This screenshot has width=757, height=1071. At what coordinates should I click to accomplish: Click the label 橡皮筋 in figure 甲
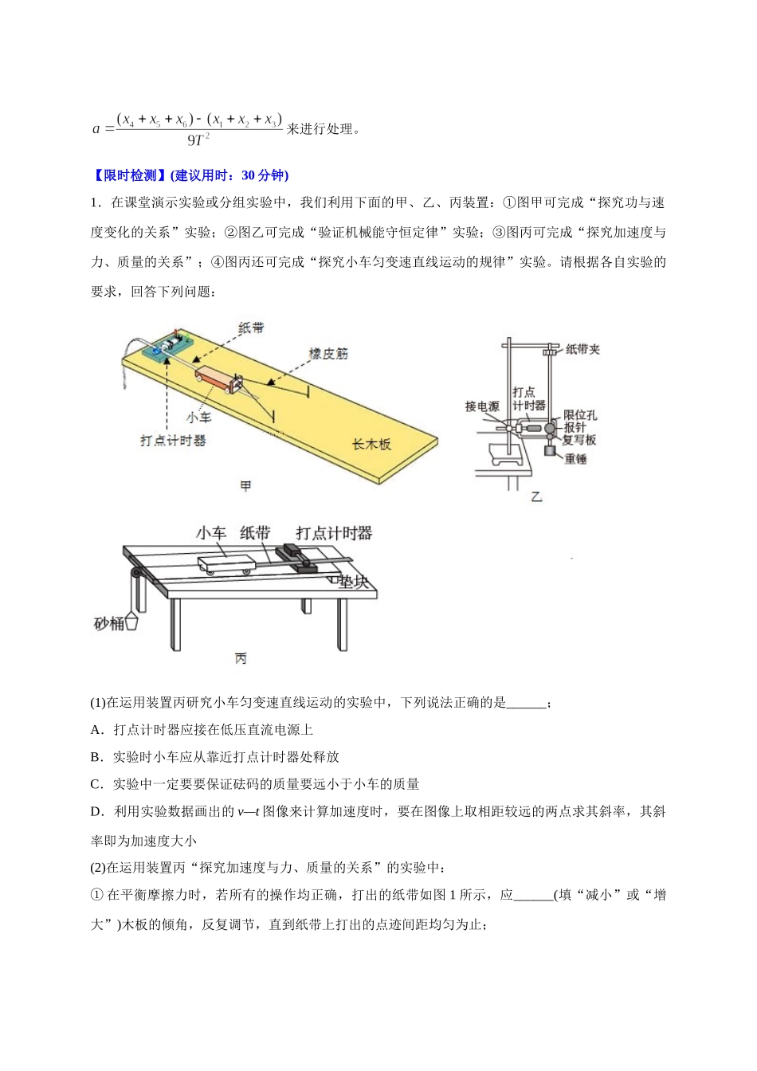[328, 353]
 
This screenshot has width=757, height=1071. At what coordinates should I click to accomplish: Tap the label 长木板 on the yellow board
[371, 444]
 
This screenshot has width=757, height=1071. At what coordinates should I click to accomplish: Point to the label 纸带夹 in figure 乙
[582, 349]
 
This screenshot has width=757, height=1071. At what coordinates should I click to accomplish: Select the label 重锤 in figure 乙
[575, 459]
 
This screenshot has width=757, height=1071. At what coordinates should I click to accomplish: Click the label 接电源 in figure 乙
[482, 406]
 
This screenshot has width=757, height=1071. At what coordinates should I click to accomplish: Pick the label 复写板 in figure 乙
[579, 440]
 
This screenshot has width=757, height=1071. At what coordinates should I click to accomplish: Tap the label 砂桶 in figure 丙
[108, 623]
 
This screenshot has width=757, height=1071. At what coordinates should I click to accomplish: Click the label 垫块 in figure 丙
[353, 582]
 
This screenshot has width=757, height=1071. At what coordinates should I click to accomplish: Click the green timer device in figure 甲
[167, 345]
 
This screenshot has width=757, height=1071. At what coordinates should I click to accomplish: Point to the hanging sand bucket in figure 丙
[131, 621]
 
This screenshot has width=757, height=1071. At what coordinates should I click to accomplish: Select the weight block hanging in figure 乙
[550, 450]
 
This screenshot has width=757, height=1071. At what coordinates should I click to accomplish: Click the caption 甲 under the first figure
[245, 486]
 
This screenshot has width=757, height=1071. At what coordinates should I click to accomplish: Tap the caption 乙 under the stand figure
[536, 497]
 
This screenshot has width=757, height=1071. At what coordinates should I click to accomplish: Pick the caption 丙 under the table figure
[241, 659]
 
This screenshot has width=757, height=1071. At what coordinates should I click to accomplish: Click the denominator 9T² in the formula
[198, 139]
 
